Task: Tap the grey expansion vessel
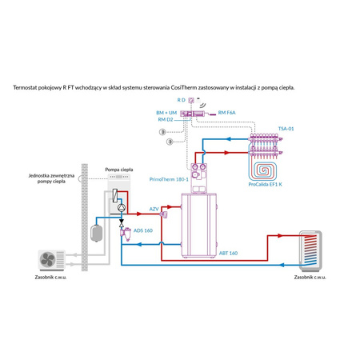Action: click(x=97, y=230)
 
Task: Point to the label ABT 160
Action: click(x=227, y=252)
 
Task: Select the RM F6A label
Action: click(x=227, y=114)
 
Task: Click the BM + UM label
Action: click(x=166, y=114)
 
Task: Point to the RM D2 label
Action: click(x=166, y=119)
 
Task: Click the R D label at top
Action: click(x=182, y=99)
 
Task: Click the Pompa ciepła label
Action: click(x=118, y=170)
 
